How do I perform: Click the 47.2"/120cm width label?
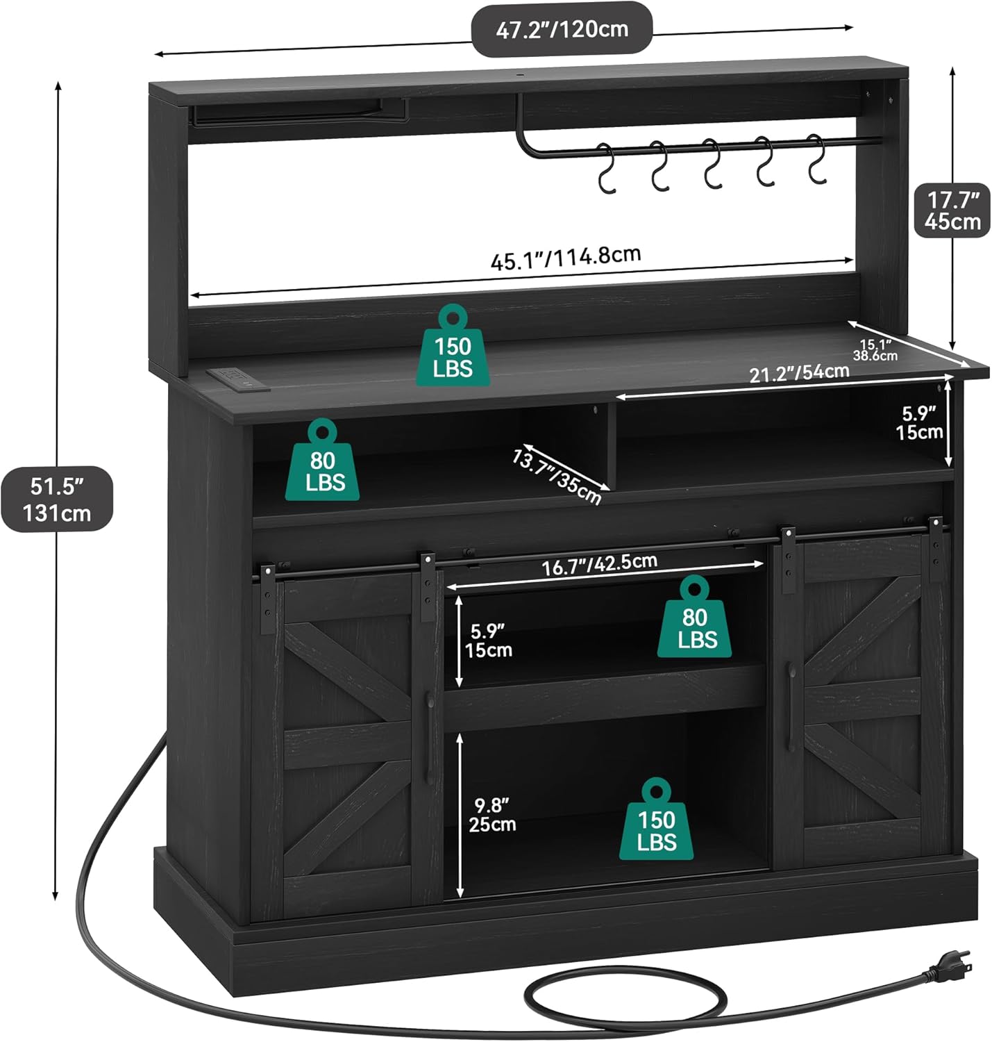561,29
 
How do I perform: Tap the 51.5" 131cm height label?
56,499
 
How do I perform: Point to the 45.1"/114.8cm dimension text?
565,258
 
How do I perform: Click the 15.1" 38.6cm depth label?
875,349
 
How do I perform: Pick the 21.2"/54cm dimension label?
799,373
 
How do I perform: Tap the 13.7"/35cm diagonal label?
557,477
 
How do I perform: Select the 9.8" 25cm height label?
491,815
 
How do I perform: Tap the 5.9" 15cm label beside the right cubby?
919,423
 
